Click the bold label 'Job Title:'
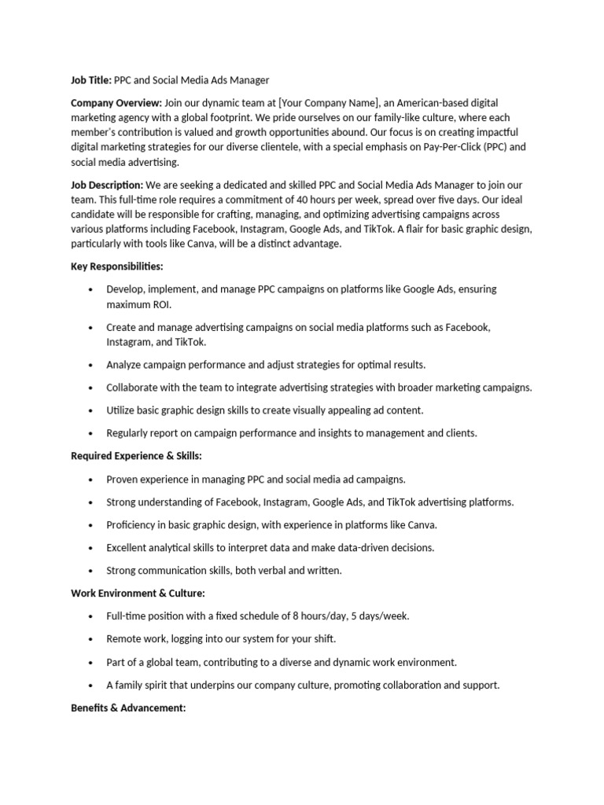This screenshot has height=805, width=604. point(91,79)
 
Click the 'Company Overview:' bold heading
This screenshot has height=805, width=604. point(116,103)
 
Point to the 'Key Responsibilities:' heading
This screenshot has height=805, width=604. point(117,266)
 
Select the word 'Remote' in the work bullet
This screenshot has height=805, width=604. point(125,639)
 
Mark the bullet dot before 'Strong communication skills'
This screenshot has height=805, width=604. point(92,571)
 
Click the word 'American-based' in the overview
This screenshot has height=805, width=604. point(436,103)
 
